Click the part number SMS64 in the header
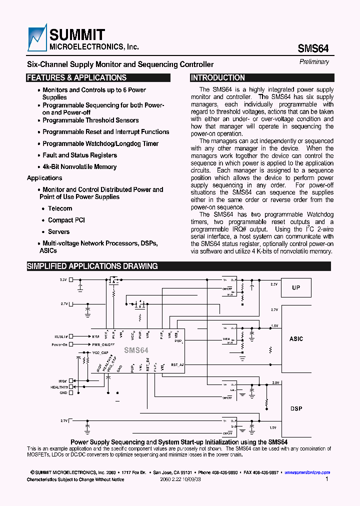point(313,48)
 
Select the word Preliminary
point(314,62)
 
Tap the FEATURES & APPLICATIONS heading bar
point(98,78)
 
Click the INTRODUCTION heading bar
point(262,78)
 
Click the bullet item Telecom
point(60,208)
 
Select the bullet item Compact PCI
point(66,220)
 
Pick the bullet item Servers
point(59,232)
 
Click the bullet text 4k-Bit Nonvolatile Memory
point(79,167)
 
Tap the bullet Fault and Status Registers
point(80,155)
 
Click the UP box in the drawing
point(296,288)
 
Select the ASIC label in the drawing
point(296,339)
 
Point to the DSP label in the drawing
point(296,408)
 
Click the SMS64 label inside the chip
point(136,350)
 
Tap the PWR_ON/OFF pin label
point(102,344)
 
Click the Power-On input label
point(59,344)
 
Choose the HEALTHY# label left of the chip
point(59,387)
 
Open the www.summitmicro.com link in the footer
point(307,472)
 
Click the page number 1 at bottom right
point(326,479)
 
